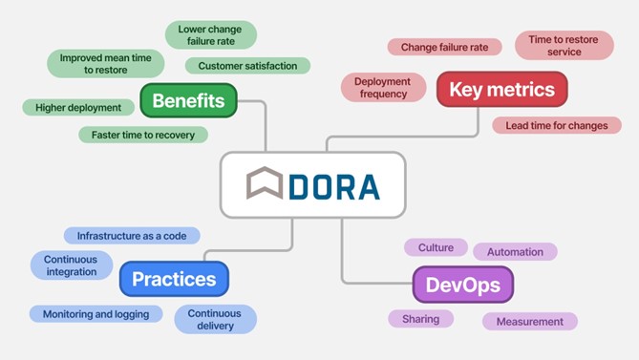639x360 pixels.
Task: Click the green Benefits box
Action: (188, 100)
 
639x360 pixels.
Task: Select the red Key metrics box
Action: (501, 90)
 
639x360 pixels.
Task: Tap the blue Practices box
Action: (174, 279)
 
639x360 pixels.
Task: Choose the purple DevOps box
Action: (462, 284)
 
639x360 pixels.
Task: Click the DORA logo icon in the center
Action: (265, 184)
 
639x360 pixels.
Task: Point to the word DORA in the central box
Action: (333, 185)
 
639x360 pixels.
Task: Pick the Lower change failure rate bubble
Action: (210, 35)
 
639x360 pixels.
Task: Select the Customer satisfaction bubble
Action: (247, 66)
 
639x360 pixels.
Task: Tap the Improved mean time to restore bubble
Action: (106, 63)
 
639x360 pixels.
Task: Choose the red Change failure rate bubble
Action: (444, 47)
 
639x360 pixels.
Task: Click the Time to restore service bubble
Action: (564, 45)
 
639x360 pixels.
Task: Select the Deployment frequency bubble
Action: (382, 88)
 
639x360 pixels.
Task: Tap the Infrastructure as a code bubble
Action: (132, 235)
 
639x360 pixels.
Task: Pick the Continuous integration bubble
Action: (71, 265)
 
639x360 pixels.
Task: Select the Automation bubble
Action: (515, 252)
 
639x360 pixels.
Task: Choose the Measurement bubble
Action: (529, 321)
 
